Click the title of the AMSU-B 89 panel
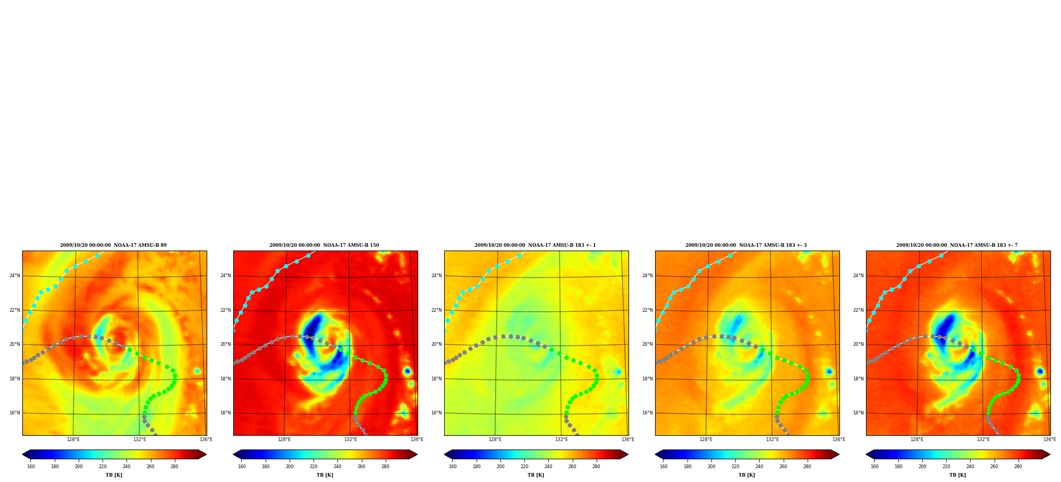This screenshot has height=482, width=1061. tap(113, 245)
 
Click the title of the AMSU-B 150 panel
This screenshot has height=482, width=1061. tap(324, 245)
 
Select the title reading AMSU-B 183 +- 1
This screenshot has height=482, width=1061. tap(535, 245)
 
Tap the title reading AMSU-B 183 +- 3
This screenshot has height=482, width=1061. tap(746, 245)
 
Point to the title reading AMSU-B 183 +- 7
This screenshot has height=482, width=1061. tap(957, 245)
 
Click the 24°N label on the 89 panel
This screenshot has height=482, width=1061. tap(15, 276)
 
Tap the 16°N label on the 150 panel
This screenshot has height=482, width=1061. tap(226, 413)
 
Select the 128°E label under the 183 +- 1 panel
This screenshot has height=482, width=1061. tap(495, 439)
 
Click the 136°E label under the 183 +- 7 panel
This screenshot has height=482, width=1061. tap(1049, 439)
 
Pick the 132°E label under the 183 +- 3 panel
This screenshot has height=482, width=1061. tap(772, 439)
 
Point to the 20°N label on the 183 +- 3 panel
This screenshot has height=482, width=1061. tap(648, 344)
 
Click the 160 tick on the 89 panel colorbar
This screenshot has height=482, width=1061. tap(31, 467)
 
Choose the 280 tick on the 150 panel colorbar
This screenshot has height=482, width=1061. tap(385, 467)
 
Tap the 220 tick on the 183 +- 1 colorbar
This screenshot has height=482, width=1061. tap(524, 467)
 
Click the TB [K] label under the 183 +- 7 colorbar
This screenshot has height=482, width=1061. tap(957, 475)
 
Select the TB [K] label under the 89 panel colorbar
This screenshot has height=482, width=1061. tap(114, 475)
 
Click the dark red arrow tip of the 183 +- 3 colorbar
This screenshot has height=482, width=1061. tap(839, 454)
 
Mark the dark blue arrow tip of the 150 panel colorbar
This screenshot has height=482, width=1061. tap(234, 454)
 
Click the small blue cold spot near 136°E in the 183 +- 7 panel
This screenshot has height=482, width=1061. tap(1040, 371)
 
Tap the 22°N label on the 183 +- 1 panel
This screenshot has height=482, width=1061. tap(437, 310)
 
